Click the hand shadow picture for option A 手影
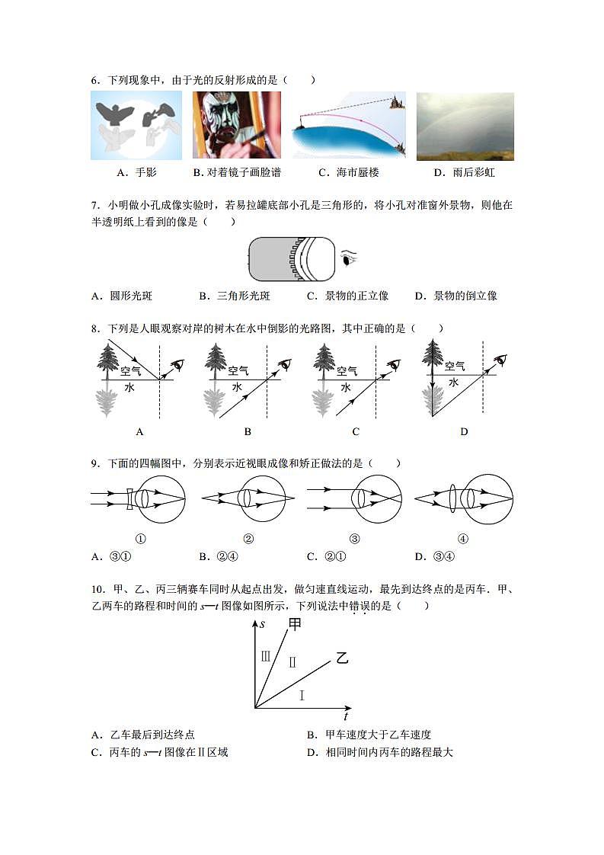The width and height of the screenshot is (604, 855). [136, 125]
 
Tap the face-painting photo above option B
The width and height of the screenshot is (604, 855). [236, 125]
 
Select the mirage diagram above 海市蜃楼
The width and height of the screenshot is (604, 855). [349, 125]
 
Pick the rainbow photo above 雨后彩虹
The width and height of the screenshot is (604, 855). [465, 126]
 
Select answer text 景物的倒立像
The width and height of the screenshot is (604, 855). [465, 296]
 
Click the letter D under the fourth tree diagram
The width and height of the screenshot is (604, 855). [464, 431]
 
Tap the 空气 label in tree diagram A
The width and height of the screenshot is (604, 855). [130, 370]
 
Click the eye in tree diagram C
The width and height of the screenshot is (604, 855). [393, 365]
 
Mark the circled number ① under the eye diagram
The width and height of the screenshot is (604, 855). [140, 539]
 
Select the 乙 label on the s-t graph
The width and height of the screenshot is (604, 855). [342, 658]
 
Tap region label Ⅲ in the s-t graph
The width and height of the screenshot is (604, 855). [265, 655]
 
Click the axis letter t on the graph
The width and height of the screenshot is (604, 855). [346, 716]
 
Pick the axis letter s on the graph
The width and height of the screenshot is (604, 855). [262, 624]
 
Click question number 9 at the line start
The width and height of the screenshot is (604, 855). [94, 463]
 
